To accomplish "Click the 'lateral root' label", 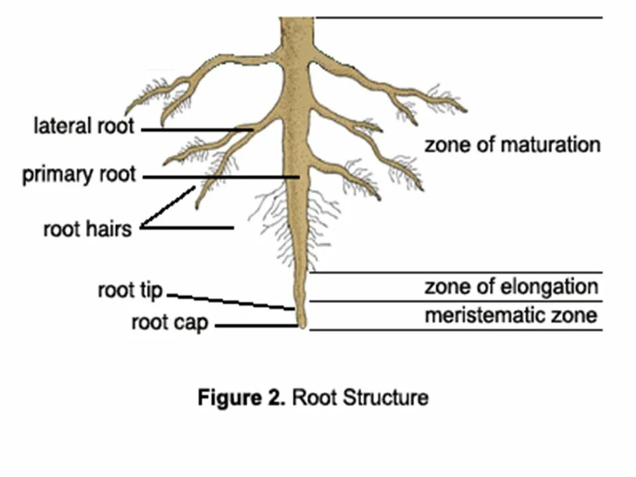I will click(83, 125).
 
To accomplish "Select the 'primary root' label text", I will click(79, 175).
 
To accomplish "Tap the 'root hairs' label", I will click(87, 229).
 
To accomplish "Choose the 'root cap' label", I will click(170, 323).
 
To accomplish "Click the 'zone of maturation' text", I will click(512, 144).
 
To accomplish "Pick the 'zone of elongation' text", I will click(511, 288).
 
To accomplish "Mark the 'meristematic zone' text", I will click(511, 315).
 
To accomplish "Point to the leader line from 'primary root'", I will click(219, 177).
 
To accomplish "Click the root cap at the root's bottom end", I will click(301, 323).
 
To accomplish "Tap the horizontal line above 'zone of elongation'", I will click(457, 272).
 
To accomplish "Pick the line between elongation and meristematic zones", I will click(457, 301).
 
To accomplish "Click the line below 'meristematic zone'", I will click(457, 329).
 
